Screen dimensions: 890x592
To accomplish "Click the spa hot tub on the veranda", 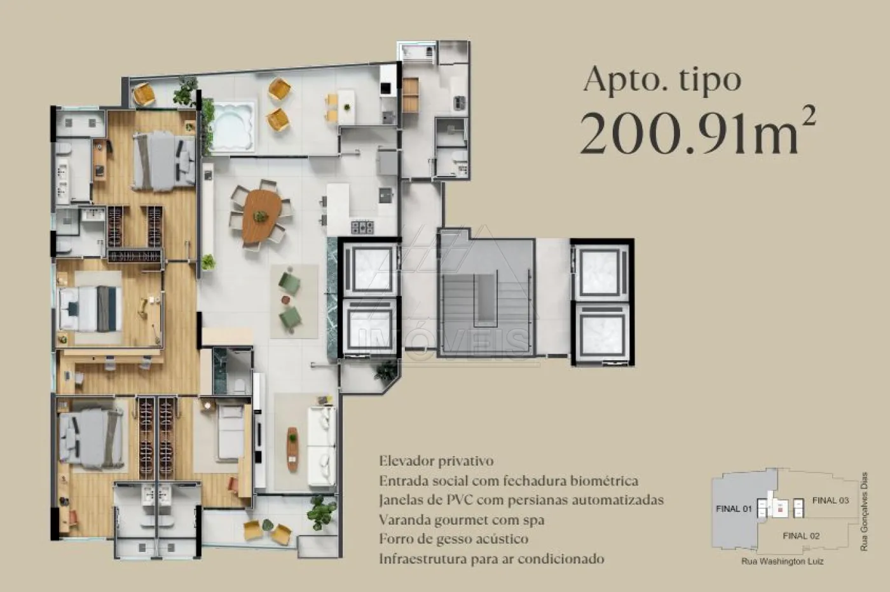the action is click(232, 126).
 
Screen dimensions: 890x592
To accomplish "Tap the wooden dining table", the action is click(261, 216).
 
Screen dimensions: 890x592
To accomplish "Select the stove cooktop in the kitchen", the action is click(362, 227).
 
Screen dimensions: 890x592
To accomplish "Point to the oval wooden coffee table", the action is click(292, 449).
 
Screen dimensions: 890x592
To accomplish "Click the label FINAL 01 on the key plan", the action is click(734, 509).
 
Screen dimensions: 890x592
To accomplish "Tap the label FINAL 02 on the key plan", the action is click(801, 536).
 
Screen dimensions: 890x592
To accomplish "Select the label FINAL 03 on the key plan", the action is click(830, 501).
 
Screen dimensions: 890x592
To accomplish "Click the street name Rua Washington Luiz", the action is click(783, 562).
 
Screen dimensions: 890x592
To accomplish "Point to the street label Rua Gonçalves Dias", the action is click(864, 511).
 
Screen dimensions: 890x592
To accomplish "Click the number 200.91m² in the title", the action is click(698, 131).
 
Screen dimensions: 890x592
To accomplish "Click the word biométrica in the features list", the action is click(605, 481).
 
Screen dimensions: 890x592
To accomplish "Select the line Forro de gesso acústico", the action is click(454, 539).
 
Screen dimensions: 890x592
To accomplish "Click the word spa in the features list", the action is click(532, 520).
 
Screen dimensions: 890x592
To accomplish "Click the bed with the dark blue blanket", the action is click(90, 309).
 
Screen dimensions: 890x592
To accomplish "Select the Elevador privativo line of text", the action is click(436, 461).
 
